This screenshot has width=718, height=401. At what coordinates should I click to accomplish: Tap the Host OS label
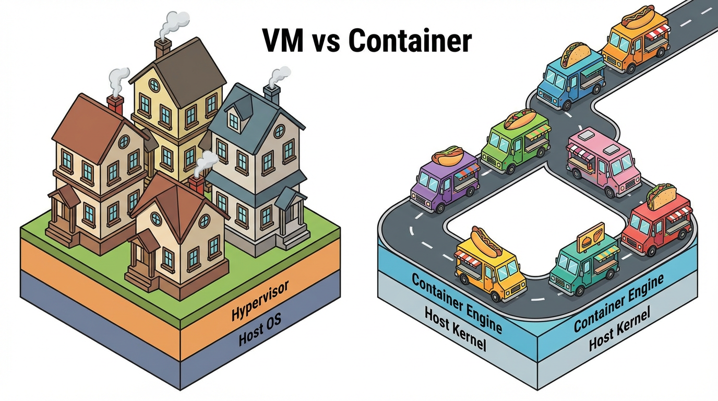click(x=260, y=331)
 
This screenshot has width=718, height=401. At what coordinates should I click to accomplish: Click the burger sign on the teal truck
click(x=591, y=237)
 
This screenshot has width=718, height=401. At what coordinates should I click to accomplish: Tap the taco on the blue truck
click(x=576, y=54)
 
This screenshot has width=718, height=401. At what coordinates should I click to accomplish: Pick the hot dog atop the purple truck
click(x=447, y=156)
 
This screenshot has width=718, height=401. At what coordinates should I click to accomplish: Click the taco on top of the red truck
click(x=661, y=195)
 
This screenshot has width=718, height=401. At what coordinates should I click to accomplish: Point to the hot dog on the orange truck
click(x=638, y=16)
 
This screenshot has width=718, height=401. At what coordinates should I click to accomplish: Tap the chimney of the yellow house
click(x=162, y=48)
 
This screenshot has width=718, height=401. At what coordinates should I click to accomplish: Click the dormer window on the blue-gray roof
click(x=234, y=121)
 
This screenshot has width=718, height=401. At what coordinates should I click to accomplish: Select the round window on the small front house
click(x=157, y=218)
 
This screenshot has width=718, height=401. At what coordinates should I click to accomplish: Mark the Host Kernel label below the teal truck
click(x=619, y=329)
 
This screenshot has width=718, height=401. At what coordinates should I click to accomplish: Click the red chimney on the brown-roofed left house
click(x=115, y=104)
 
